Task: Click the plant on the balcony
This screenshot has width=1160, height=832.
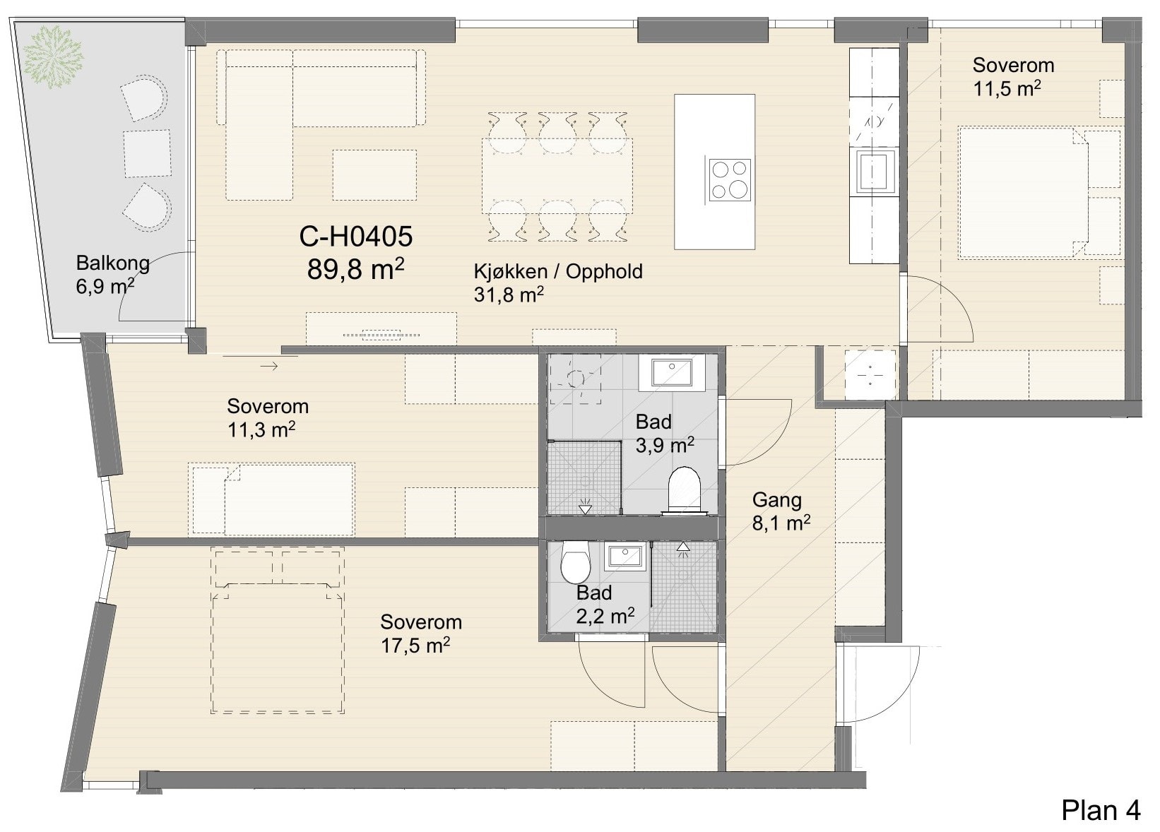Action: (x=53, y=57)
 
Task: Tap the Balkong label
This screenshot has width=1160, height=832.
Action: (x=113, y=263)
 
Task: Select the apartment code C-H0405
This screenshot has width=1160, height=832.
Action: (x=356, y=237)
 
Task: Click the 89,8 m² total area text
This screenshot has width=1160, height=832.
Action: (x=355, y=269)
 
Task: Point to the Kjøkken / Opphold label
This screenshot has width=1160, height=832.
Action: (x=557, y=271)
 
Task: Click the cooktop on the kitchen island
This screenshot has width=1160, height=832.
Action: (x=730, y=179)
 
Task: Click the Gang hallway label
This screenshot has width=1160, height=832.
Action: (x=777, y=499)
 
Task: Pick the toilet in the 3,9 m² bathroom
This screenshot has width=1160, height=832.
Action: (x=684, y=490)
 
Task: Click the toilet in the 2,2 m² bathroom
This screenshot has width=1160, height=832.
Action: (x=575, y=561)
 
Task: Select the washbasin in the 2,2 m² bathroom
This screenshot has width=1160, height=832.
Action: (x=625, y=556)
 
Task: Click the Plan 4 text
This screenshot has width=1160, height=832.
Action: (x=1101, y=809)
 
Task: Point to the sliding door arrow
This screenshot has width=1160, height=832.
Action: (x=268, y=366)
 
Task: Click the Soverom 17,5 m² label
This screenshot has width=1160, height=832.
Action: (x=420, y=634)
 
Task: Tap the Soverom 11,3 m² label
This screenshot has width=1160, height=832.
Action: (x=268, y=418)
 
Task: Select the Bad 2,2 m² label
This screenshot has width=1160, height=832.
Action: (x=605, y=604)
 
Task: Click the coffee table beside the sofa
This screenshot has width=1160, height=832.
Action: (x=374, y=175)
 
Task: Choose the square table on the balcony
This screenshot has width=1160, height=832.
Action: (x=147, y=153)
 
